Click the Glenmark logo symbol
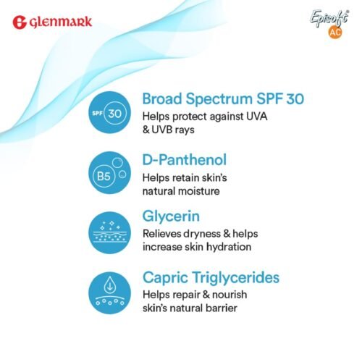click(x=20, y=22)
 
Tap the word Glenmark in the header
click(x=61, y=22)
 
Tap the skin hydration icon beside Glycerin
click(x=109, y=233)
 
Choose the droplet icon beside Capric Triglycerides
click(x=109, y=293)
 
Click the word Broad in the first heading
click(x=164, y=98)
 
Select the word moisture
click(x=201, y=190)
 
